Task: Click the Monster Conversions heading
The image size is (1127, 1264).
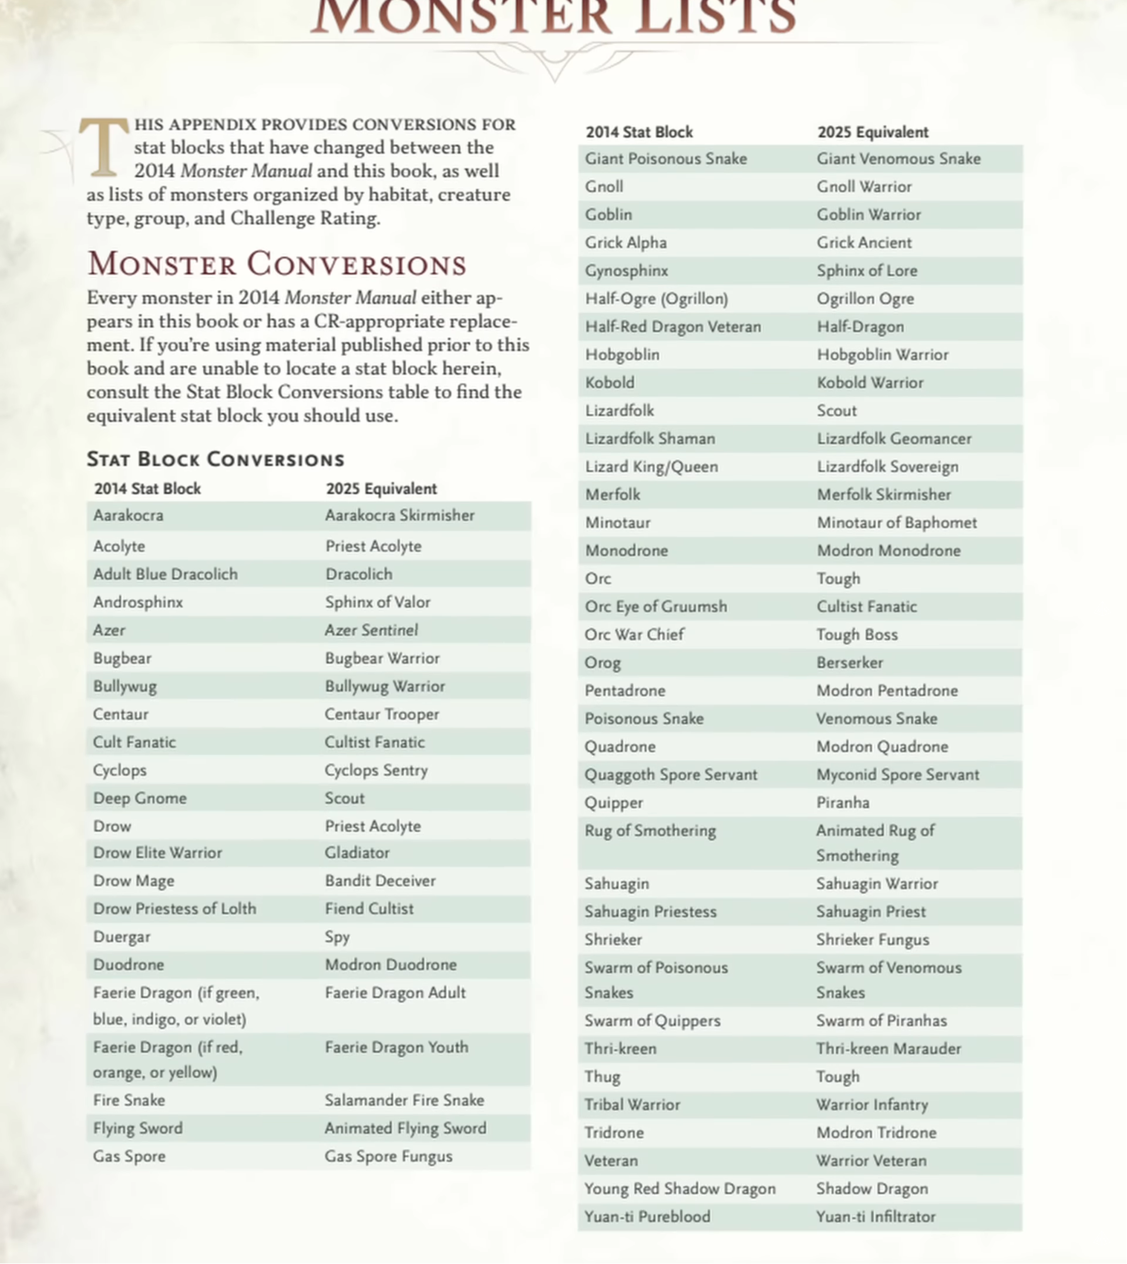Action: pyautogui.click(x=276, y=264)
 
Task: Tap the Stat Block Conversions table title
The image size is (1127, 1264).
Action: pyautogui.click(x=215, y=459)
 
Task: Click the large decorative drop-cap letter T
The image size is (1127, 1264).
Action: pyautogui.click(x=103, y=147)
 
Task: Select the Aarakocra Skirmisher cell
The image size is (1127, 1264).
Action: pyautogui.click(x=399, y=515)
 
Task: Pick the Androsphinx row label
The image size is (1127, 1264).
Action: pyautogui.click(x=138, y=602)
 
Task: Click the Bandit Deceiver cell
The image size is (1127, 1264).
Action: pyautogui.click(x=380, y=880)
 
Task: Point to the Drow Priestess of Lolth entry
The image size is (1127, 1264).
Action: pyautogui.click(x=174, y=909)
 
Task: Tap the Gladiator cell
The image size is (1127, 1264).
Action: pyautogui.click(x=357, y=853)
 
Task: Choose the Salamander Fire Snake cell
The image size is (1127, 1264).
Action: pyautogui.click(x=405, y=1100)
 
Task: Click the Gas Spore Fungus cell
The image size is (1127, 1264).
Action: pyautogui.click(x=388, y=1157)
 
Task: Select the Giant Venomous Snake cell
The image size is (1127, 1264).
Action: pyautogui.click(x=899, y=159)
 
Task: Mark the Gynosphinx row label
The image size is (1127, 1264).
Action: pyautogui.click(x=627, y=271)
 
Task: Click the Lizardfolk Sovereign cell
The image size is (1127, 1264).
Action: pyautogui.click(x=887, y=466)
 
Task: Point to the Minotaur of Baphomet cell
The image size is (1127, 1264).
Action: pyautogui.click(x=897, y=523)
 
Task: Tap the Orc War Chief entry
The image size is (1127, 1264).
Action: pyautogui.click(x=634, y=635)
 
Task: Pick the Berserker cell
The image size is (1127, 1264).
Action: pyautogui.click(x=850, y=663)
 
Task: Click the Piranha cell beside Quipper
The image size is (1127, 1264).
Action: pyautogui.click(x=843, y=802)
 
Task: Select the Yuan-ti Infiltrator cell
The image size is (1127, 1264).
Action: pyautogui.click(x=876, y=1216)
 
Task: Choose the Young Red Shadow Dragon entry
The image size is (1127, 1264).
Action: pyautogui.click(x=680, y=1188)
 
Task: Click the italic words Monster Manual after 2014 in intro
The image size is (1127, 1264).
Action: pyautogui.click(x=247, y=171)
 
